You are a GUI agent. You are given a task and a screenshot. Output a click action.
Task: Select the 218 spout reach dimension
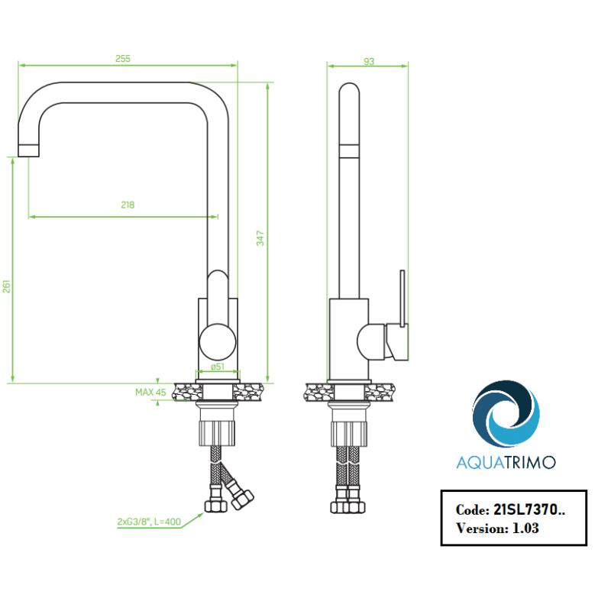pyautogui.click(x=128, y=205)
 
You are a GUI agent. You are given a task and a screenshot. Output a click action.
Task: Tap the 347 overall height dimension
pyautogui.click(x=260, y=238)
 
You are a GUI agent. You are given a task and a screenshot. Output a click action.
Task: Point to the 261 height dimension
pyautogui.click(x=7, y=286)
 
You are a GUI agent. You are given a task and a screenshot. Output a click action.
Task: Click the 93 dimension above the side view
pyautogui.click(x=369, y=62)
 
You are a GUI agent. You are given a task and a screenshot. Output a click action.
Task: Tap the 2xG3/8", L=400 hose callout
pyautogui.click(x=150, y=522)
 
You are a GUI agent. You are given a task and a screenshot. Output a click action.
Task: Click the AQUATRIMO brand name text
pyautogui.click(x=506, y=461)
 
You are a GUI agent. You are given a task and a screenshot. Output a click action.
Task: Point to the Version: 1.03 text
pyautogui.click(x=497, y=528)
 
